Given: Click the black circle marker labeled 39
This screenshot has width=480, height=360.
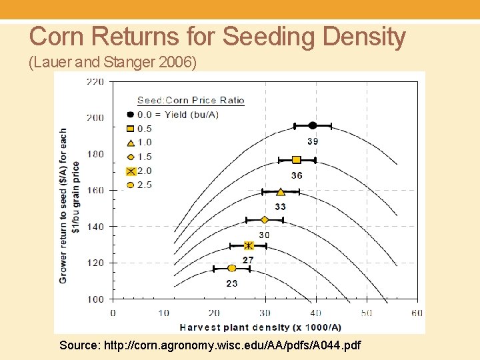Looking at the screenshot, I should [312, 125].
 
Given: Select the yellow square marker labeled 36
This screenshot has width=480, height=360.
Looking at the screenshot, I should [297, 160].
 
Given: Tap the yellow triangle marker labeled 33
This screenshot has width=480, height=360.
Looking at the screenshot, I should [281, 192].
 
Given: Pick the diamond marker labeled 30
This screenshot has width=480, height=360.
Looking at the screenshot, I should [265, 220].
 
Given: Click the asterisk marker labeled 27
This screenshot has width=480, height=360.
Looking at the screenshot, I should [249, 246].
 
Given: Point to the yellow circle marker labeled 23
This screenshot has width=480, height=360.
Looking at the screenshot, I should [231, 269].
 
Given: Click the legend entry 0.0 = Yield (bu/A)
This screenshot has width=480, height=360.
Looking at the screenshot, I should [177, 115].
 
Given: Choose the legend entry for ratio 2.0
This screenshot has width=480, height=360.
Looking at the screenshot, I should [144, 171].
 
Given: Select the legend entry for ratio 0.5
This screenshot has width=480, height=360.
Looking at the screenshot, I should [144, 129].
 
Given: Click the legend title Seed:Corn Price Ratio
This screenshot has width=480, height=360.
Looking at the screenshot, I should [191, 101].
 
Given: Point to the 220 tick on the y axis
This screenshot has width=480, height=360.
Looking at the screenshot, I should [95, 82].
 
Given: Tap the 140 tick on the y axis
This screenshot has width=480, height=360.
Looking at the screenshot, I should [95, 227].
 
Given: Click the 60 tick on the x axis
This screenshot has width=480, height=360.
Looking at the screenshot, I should [417, 313].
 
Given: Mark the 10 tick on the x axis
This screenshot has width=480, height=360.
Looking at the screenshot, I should [163, 313].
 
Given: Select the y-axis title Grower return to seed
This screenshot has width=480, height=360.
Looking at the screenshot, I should [69, 205].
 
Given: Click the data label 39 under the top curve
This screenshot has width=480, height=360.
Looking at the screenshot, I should [313, 141].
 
